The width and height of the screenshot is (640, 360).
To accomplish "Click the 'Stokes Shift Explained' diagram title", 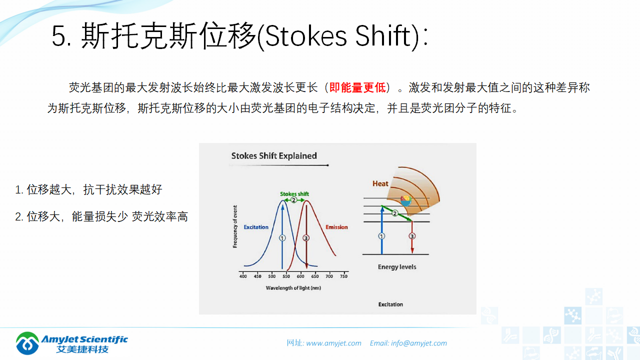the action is [x=274, y=155].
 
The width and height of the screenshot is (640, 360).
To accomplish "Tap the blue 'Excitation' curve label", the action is [x=256, y=227].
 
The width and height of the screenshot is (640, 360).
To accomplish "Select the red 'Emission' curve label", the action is [x=336, y=227].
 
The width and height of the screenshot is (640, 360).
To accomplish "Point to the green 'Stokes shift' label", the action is [x=294, y=193].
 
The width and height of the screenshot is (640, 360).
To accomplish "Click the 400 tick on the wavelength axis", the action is [x=243, y=276].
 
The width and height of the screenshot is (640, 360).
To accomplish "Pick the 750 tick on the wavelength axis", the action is [x=343, y=276].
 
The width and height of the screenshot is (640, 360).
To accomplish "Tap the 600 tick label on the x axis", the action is [x=300, y=276].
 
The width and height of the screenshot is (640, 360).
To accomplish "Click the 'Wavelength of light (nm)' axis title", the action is [x=293, y=288].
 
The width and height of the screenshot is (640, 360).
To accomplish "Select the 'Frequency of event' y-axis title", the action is [x=235, y=226].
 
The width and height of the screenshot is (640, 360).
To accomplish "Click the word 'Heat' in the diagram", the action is [x=380, y=183].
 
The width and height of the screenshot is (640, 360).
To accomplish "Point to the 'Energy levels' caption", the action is [x=397, y=267].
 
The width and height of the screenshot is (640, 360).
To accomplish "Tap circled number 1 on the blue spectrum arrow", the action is [x=282, y=238].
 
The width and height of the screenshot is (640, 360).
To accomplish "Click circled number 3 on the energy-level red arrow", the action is [x=412, y=236].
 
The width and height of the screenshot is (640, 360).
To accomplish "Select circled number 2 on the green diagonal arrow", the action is [x=394, y=213].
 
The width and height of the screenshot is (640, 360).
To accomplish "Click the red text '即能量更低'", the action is [x=357, y=87].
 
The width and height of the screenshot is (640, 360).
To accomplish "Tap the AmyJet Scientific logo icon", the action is [x=27, y=343].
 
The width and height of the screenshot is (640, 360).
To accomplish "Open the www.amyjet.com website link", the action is [x=333, y=343].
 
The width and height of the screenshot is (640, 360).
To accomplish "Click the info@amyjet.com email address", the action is [x=419, y=343].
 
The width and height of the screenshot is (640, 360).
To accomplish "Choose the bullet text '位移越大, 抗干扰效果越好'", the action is [x=94, y=189].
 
